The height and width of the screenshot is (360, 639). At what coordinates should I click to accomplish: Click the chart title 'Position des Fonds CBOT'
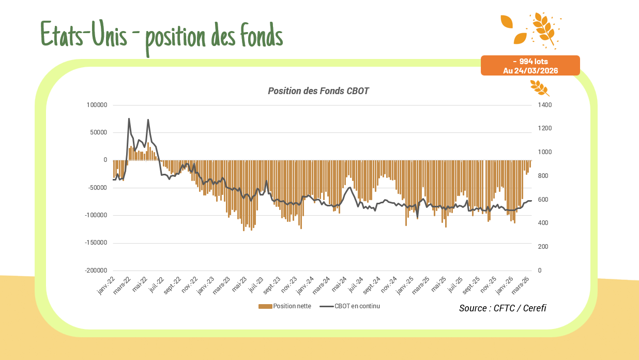click(x=318, y=91)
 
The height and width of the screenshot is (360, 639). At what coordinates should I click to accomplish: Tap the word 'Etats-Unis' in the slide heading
click(x=83, y=35)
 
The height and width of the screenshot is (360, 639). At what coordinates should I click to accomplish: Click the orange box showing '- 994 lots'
click(x=530, y=62)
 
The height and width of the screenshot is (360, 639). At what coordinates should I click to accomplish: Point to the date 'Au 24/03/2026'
click(x=530, y=71)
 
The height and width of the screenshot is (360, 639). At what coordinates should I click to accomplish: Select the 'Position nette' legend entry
click(x=285, y=306)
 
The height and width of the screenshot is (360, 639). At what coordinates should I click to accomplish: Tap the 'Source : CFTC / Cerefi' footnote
click(x=503, y=308)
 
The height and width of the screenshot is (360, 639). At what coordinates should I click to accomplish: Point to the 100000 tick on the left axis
click(x=97, y=105)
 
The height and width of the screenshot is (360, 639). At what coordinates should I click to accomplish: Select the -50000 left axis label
click(x=97, y=188)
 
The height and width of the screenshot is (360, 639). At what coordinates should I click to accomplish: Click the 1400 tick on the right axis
click(x=545, y=105)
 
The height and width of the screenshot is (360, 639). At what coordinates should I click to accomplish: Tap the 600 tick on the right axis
click(x=543, y=200)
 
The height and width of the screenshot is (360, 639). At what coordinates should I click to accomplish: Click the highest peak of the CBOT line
click(x=129, y=118)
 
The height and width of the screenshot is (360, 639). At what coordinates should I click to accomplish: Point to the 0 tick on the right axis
click(x=540, y=271)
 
